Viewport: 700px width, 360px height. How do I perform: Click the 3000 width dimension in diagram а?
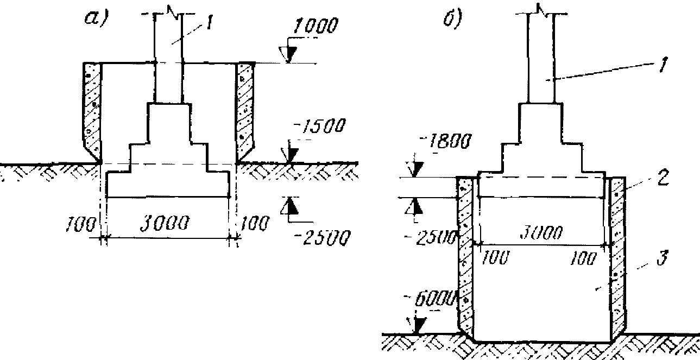coord(167,224)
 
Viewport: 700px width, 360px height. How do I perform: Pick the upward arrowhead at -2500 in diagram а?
coord(291,206)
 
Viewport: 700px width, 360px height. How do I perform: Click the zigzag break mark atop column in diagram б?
coord(540,8)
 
